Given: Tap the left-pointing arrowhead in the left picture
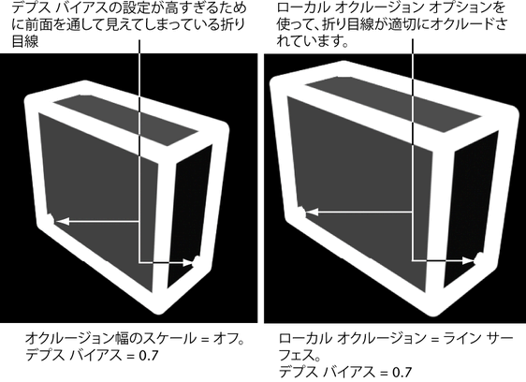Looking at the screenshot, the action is click(63, 221).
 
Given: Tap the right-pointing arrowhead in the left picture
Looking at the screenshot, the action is click(188, 263).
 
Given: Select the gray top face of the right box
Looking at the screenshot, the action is click(392, 102).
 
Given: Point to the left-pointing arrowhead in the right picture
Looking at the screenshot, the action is click(314, 212).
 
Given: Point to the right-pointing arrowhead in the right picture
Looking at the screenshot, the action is click(468, 260).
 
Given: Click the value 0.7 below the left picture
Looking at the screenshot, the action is click(148, 355).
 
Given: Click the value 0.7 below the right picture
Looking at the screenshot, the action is click(402, 373).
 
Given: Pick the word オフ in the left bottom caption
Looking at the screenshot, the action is click(225, 339).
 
